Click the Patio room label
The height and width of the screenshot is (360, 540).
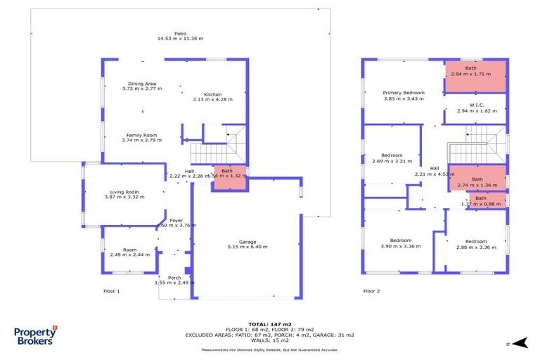tap(180, 33)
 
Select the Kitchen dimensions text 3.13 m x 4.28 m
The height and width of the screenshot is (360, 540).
tap(212, 100)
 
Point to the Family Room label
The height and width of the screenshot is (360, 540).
tap(141, 135)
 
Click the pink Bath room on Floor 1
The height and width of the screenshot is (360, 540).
tap(229, 179)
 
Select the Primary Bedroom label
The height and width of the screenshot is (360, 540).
tap(404, 93)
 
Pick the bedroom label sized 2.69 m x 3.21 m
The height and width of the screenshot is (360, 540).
tap(392, 155)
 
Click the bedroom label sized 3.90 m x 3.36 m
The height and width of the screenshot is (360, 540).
tap(401, 240)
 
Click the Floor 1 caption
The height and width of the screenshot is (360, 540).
tap(111, 290)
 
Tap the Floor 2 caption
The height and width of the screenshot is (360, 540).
tap(371, 290)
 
